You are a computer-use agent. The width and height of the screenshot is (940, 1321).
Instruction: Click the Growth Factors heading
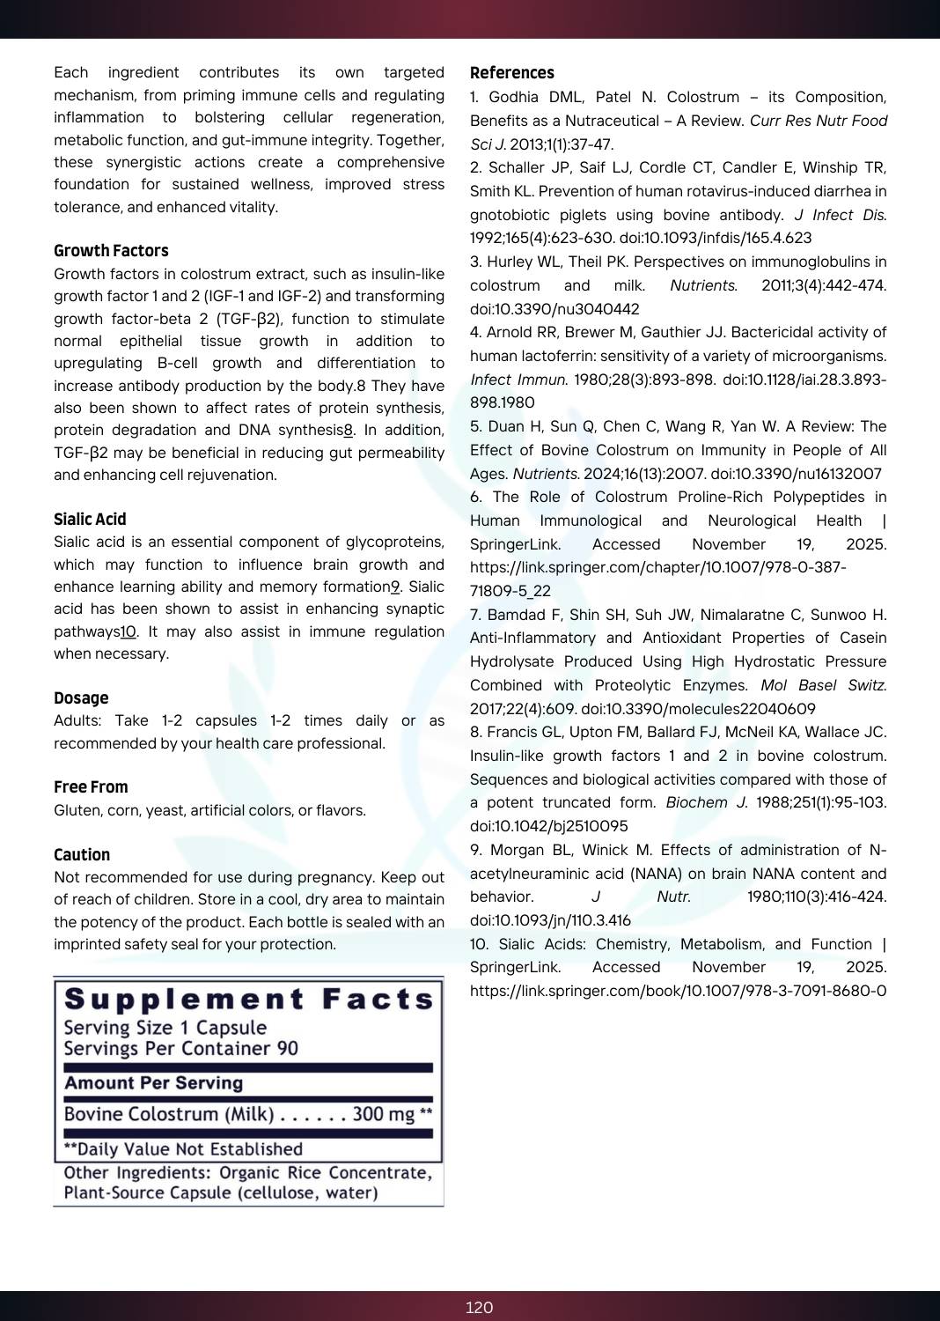111,251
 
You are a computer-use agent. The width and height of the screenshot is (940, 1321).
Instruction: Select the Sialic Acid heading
90,520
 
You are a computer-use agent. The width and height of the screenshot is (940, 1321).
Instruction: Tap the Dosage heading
81,698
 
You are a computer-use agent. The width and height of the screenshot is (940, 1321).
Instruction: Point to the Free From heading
91,787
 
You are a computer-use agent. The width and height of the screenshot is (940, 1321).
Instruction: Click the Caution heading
82,855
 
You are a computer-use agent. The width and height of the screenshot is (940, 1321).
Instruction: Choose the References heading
512,73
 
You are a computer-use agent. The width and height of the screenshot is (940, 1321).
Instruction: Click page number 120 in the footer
479,1307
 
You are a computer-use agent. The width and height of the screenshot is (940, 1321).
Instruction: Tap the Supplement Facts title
249,1000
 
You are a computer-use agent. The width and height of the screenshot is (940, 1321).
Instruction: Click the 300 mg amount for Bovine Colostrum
383,1114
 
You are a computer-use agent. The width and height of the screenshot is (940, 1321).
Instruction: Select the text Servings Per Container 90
180,1049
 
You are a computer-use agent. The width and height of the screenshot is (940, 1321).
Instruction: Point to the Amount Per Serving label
153,1083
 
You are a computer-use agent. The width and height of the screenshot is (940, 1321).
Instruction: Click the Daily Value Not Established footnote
183,1149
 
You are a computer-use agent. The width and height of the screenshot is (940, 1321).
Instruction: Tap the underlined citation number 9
395,587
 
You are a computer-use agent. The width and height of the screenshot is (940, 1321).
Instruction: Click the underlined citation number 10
129,632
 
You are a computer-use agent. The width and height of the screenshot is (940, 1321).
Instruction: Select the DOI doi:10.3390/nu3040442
554,309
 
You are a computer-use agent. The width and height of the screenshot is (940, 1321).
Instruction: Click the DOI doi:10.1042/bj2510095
549,826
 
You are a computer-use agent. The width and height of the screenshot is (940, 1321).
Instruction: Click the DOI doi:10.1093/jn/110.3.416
550,920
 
